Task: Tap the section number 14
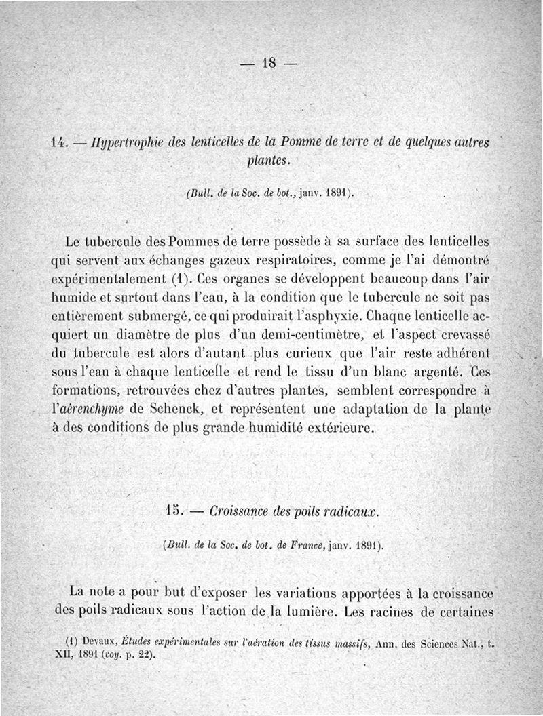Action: click(x=60, y=142)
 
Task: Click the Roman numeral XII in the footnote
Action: click(x=62, y=655)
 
